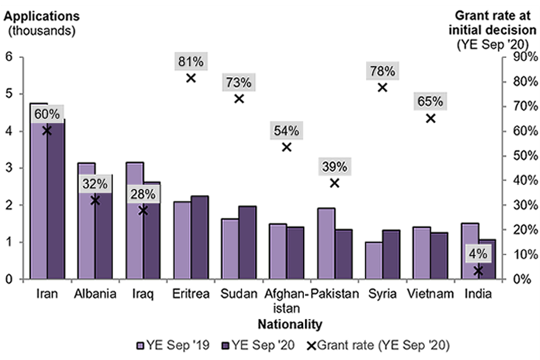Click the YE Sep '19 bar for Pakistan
[x=326, y=244]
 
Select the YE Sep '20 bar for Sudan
[x=247, y=242]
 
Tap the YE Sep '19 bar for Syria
[x=374, y=260]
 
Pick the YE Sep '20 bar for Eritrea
[x=200, y=237]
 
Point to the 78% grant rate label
[x=382, y=71]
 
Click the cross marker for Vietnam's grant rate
[x=430, y=118]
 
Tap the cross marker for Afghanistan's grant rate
[x=286, y=147]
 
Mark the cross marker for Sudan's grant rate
[x=238, y=99]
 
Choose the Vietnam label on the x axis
[x=431, y=294]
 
